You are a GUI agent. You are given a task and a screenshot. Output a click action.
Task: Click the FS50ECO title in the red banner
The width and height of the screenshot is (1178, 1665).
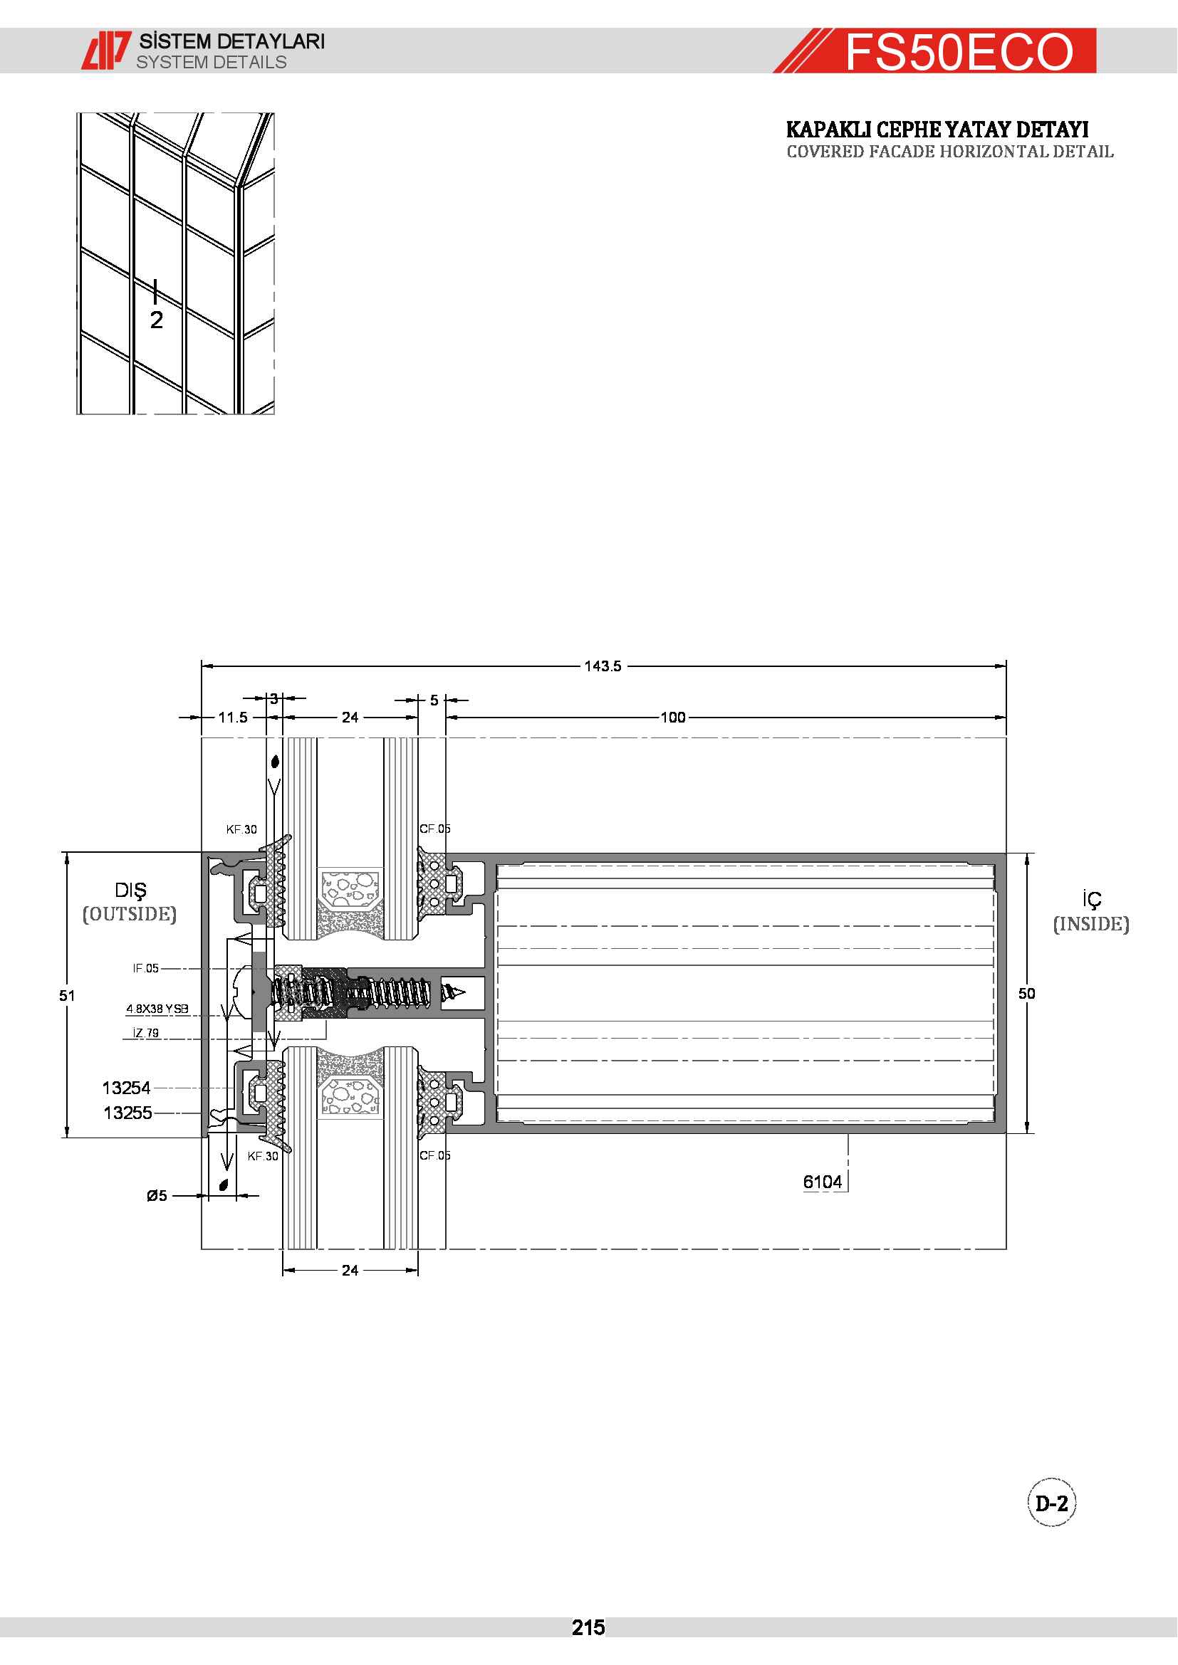click(959, 51)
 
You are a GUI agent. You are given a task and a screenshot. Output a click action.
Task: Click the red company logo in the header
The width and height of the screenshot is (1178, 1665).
click(106, 50)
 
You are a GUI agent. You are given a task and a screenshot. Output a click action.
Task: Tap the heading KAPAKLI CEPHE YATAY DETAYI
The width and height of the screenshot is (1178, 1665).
click(937, 130)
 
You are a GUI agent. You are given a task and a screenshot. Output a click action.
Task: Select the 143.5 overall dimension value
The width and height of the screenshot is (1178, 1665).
click(603, 666)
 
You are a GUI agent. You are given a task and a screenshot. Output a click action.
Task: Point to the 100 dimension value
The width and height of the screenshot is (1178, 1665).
click(672, 718)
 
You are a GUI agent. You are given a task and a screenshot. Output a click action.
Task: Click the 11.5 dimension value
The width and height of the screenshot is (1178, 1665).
click(233, 718)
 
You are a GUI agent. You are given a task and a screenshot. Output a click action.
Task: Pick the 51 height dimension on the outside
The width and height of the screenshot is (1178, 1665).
click(67, 996)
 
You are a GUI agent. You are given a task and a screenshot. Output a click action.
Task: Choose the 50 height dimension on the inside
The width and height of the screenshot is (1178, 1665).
click(1026, 994)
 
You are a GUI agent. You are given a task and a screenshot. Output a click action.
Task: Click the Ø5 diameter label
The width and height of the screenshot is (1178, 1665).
click(157, 1195)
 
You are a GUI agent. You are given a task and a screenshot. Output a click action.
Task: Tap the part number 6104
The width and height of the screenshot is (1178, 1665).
click(823, 1182)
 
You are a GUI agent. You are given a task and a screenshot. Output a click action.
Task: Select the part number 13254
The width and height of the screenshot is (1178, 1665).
click(126, 1088)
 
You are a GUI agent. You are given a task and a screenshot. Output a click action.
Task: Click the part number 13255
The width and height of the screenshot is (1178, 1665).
click(127, 1113)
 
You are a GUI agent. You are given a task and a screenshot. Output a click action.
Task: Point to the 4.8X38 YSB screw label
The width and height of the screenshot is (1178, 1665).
click(157, 1009)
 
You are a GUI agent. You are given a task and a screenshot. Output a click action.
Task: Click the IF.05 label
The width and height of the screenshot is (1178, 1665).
click(145, 968)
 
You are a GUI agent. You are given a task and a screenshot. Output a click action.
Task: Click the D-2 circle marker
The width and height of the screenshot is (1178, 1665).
click(1052, 1503)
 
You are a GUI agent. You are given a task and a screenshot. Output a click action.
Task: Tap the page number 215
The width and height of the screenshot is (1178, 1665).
click(588, 1628)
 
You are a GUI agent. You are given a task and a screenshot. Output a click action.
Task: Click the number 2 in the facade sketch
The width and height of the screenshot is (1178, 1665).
click(157, 319)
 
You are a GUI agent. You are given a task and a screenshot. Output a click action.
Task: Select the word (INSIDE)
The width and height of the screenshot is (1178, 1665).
click(1091, 924)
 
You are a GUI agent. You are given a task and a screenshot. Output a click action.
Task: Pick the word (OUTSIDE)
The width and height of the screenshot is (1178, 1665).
click(129, 914)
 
